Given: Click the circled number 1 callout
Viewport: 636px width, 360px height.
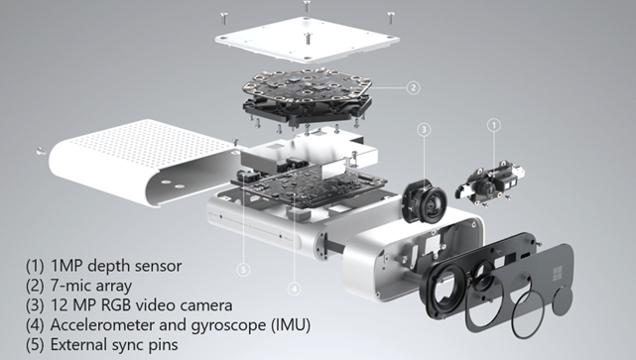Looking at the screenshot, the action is pos(494,125).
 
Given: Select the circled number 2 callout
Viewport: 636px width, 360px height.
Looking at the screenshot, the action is pos(413,87).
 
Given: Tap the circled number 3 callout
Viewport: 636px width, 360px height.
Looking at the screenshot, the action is pos(424,130).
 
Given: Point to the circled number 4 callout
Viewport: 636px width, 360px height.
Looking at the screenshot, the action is pos(294,289).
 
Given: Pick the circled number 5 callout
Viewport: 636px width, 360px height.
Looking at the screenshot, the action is pos(243,270).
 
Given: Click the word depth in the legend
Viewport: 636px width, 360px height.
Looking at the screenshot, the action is pos(109,267).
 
